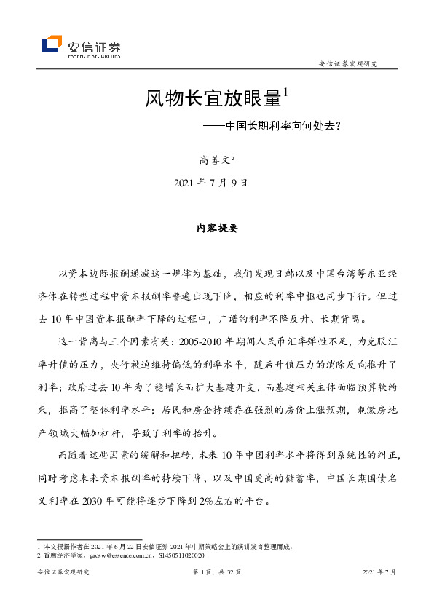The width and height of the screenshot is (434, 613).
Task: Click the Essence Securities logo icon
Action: pos(52,44)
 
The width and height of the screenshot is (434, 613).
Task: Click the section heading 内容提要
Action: pos(217,227)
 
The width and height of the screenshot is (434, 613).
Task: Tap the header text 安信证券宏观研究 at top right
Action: pos(348,65)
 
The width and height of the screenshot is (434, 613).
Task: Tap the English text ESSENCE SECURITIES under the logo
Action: pos(94,55)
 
